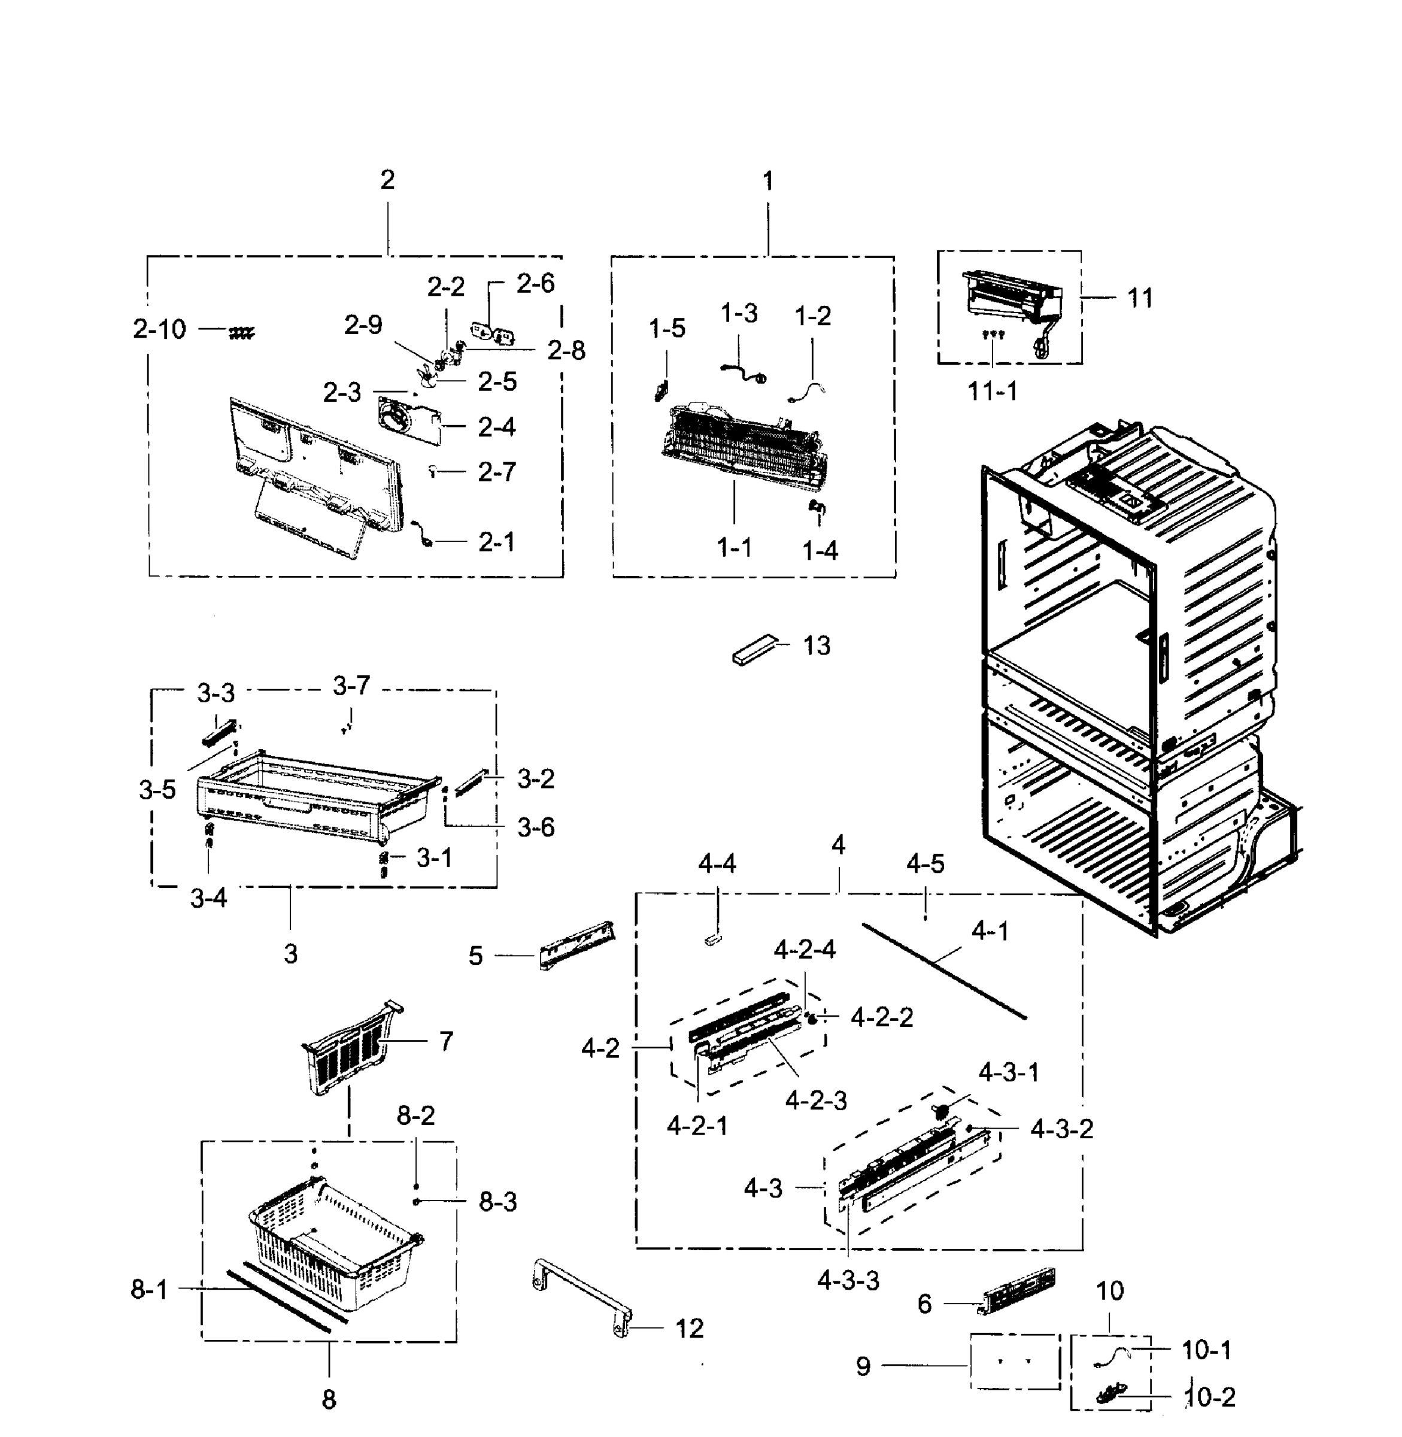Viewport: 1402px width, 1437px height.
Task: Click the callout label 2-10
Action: click(159, 329)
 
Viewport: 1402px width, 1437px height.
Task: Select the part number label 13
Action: click(817, 646)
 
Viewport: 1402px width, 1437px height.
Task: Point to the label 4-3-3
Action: click(848, 1281)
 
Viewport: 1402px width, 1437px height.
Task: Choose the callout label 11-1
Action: click(992, 392)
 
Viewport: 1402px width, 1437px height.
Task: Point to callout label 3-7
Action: click(351, 686)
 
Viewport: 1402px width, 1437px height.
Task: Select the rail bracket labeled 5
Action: click(576, 945)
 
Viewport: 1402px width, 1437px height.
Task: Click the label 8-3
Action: click(498, 1202)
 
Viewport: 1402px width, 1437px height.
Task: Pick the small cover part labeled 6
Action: click(1018, 1290)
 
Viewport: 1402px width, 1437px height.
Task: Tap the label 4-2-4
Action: click(804, 950)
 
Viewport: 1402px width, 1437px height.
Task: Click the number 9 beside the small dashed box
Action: click(863, 1367)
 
